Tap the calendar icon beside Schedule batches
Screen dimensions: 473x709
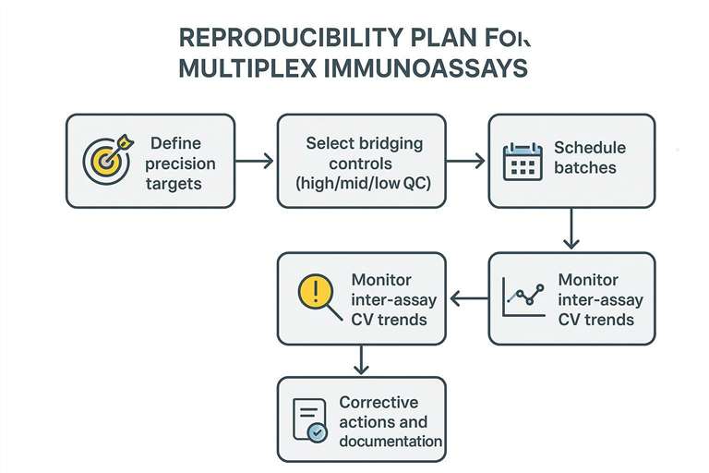coord(522,161)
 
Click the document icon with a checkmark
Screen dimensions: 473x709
coord(309,420)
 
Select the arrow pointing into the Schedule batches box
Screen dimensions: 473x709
coord(466,162)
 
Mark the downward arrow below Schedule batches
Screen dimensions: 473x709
coord(571,229)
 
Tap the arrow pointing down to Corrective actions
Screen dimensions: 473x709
coord(360,360)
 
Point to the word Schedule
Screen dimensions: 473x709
coord(589,148)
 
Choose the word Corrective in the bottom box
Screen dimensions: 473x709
coord(379,403)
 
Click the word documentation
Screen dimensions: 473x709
coord(391,441)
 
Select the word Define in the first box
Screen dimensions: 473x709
coord(174,144)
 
